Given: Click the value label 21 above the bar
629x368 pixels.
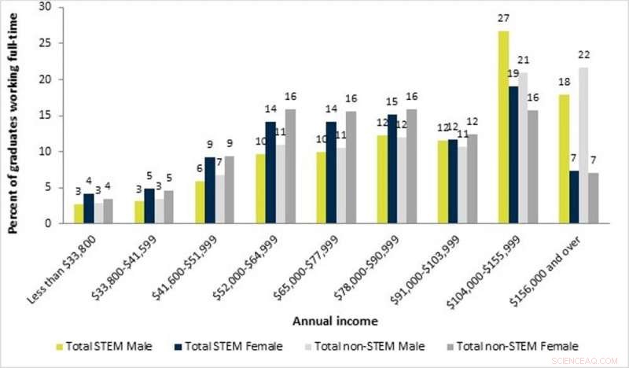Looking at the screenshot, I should point(524,61).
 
